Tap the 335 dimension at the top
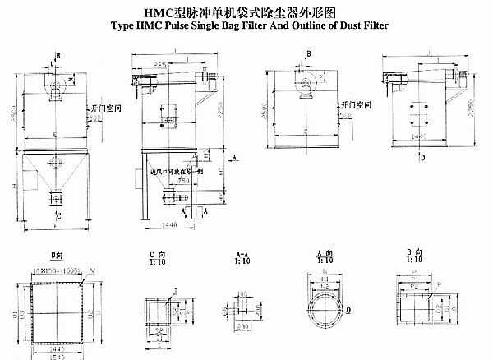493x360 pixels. (162, 62)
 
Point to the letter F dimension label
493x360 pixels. (53, 222)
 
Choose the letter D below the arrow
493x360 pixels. (423, 156)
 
